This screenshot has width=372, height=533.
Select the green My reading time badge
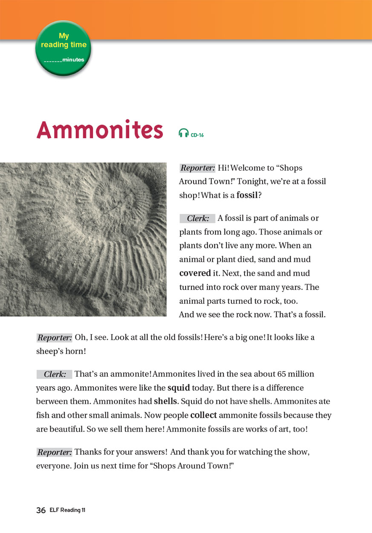63,48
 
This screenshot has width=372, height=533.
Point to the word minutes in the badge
73,60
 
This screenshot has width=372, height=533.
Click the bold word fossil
247,195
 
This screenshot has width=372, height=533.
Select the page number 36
41,510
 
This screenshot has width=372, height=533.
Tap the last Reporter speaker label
55,452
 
